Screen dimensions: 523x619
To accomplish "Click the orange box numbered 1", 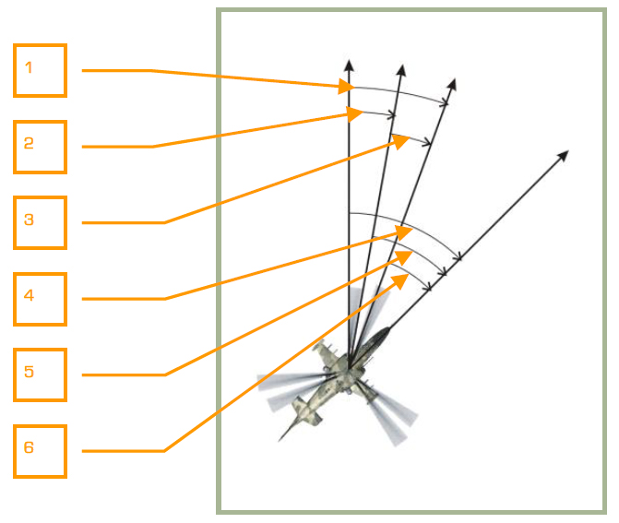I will point(40,70).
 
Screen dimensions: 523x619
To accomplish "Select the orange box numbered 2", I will point(40,147).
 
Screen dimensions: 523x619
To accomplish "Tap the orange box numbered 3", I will point(40,222).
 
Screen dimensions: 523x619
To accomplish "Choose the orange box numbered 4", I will point(40,299).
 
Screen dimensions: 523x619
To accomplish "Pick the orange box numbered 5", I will point(40,374).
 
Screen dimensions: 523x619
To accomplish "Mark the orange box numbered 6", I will point(40,451).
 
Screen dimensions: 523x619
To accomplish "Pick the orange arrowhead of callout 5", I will point(404,254).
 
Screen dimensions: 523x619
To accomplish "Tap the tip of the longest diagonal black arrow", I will point(566,151).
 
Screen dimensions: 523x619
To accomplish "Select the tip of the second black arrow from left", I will point(402,65).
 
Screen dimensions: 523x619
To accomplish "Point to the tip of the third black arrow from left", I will point(454,80).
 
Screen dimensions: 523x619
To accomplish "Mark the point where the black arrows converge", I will point(350,363).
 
